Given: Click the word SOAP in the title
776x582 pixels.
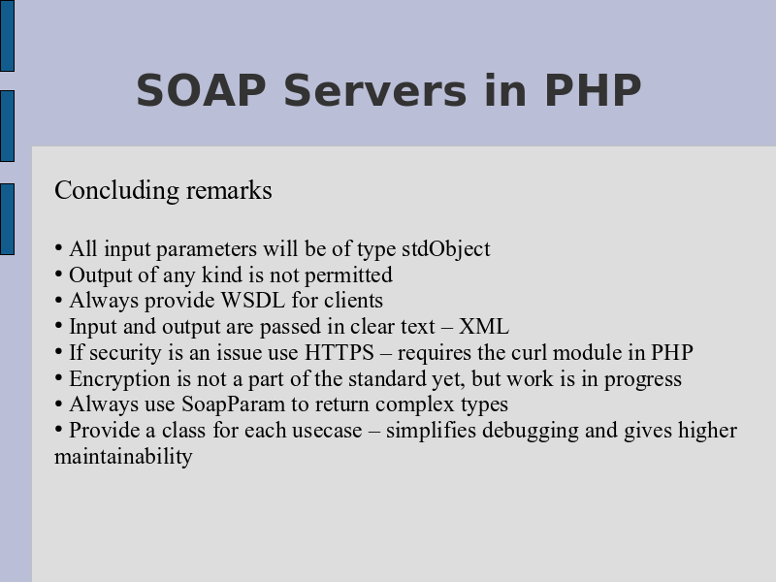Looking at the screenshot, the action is tap(201, 90).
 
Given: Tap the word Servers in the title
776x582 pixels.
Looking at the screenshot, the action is tap(375, 90).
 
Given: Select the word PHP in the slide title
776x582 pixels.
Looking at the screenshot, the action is tap(593, 90).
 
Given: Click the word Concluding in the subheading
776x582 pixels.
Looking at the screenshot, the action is tap(116, 191).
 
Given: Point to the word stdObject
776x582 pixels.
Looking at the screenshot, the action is tap(446, 249).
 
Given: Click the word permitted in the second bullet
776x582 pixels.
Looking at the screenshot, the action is tap(348, 275).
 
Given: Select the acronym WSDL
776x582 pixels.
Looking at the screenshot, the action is tap(252, 301).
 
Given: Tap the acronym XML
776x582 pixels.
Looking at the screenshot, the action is tap(483, 327).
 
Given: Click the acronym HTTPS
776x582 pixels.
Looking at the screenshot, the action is tap(339, 353).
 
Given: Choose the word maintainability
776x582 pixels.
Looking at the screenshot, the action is tap(123, 457).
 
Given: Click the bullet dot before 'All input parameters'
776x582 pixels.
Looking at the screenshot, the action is tap(59, 247).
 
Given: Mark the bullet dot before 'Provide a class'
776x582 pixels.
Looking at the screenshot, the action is tap(59, 429).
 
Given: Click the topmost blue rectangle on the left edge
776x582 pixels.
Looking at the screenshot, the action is tap(7, 36).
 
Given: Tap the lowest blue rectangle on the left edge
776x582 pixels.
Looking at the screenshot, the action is tap(7, 219).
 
